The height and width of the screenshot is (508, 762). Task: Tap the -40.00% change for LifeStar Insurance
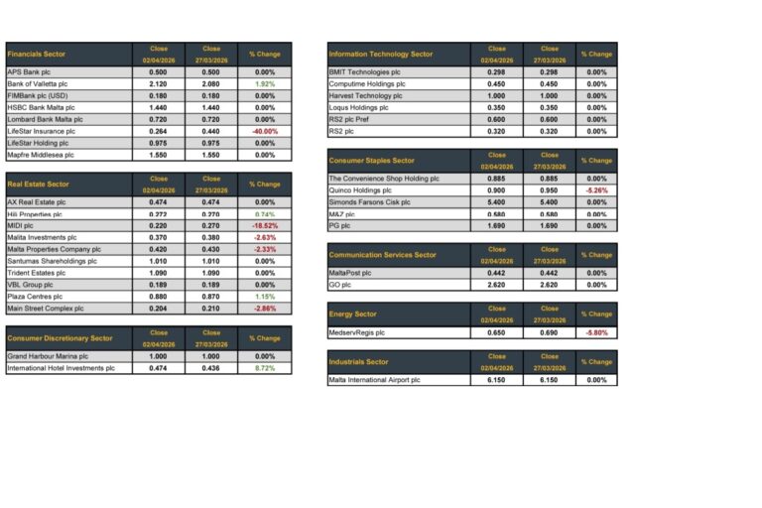265,131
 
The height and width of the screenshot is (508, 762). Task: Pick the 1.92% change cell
265,84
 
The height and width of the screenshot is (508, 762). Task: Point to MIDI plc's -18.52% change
265,225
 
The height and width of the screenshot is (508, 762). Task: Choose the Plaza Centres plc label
31,297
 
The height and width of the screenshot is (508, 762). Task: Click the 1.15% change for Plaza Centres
265,297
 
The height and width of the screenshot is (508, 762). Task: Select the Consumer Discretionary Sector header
60,338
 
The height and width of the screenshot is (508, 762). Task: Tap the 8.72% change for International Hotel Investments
265,368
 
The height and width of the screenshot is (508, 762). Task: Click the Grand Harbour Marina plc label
48,356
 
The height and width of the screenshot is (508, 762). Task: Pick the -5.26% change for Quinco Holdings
596,190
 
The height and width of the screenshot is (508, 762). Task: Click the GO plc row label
340,285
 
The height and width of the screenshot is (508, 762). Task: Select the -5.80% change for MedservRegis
596,332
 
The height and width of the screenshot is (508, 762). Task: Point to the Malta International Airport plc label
374,380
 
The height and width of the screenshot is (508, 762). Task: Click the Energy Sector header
354,315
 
